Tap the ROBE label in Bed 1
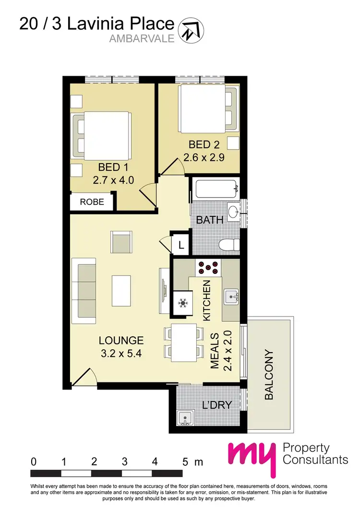point(92,202)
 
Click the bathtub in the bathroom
point(216,190)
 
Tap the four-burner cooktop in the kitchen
point(207,267)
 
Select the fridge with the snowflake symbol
point(182,303)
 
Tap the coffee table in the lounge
point(121,291)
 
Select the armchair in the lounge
point(122,241)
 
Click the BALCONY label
point(269,375)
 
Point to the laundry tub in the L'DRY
point(185,418)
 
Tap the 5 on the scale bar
point(185,462)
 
